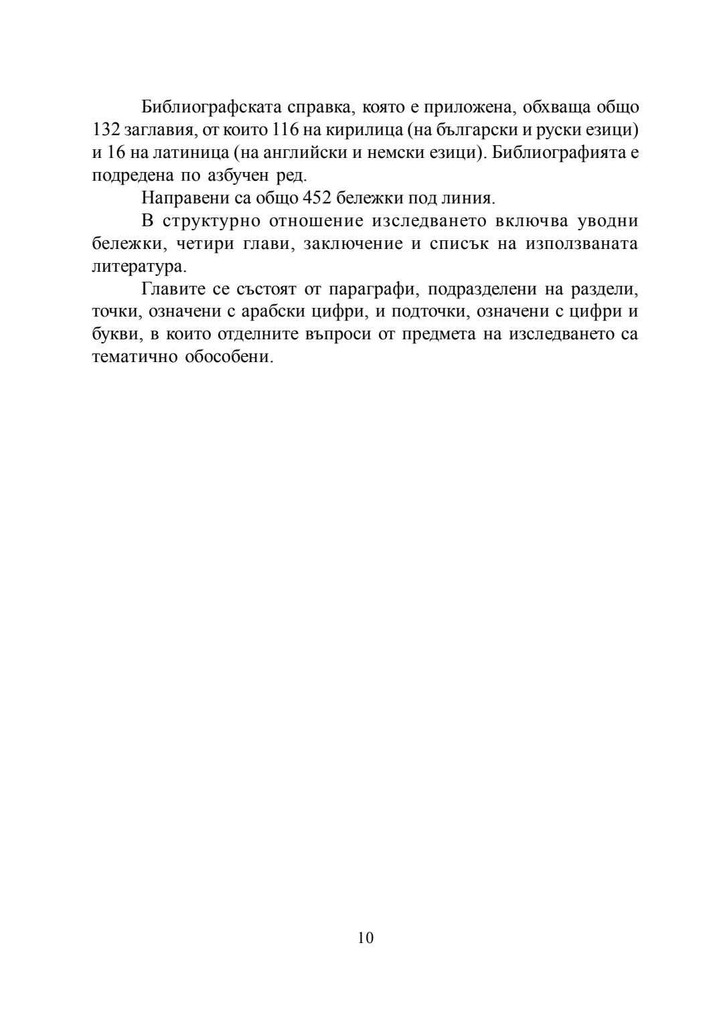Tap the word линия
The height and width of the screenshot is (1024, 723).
click(x=470, y=198)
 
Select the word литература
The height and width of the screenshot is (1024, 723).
click(x=139, y=266)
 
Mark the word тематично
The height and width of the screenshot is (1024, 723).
click(x=133, y=357)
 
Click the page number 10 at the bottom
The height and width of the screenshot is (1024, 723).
click(x=366, y=938)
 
